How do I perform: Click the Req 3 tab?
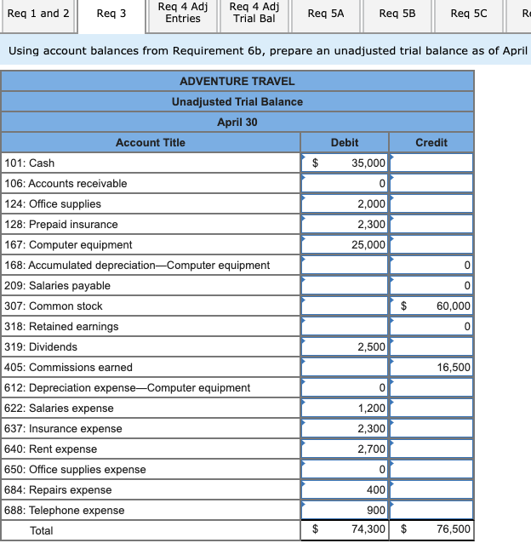pyautogui.click(x=111, y=14)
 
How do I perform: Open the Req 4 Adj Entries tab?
pyautogui.click(x=183, y=13)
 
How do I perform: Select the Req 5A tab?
pyautogui.click(x=326, y=14)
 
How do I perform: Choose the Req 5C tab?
pyautogui.click(x=469, y=14)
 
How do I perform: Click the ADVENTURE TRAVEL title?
pyautogui.click(x=237, y=81)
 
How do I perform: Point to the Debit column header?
pyautogui.click(x=344, y=142)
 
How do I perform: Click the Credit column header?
pyautogui.click(x=431, y=142)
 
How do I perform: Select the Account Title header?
pyautogui.click(x=150, y=142)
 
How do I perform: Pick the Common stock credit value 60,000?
pyautogui.click(x=453, y=306)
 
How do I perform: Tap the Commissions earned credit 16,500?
pyautogui.click(x=453, y=367)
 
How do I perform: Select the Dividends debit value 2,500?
pyautogui.click(x=370, y=346)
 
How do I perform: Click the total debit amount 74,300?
pyautogui.click(x=367, y=530)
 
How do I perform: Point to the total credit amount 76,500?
pyautogui.click(x=453, y=530)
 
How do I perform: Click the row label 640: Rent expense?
pyautogui.click(x=63, y=449)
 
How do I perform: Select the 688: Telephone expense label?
pyautogui.click(x=77, y=510)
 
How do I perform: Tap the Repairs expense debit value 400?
pyautogui.click(x=374, y=489)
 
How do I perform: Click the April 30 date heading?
pyautogui.click(x=237, y=122)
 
